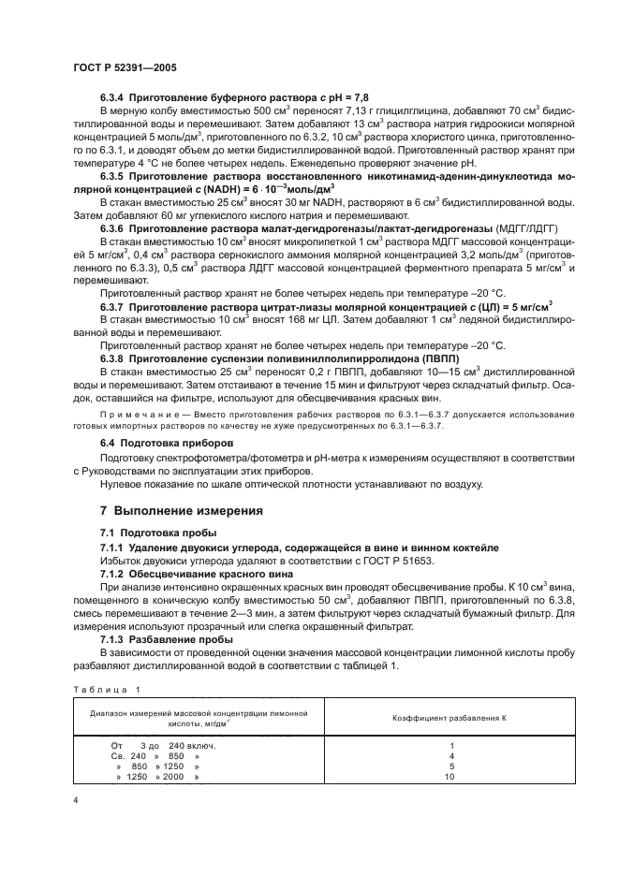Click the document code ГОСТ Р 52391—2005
[124, 68]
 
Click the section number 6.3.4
[114, 97]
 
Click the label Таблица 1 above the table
[105, 691]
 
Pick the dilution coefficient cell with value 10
[450, 777]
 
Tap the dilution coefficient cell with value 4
[450, 755]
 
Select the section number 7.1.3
[114, 639]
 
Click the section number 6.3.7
[114, 306]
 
